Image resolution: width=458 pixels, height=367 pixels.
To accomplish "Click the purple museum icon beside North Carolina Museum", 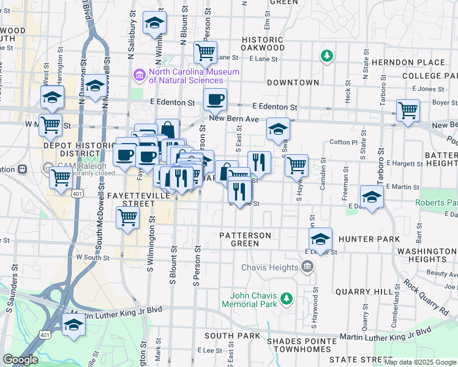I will (140, 75).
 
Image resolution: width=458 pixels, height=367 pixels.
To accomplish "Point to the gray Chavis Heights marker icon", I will (307, 266).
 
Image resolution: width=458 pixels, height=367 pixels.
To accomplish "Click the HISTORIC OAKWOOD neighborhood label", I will (263, 43).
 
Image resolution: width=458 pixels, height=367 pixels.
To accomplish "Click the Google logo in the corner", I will (20, 360).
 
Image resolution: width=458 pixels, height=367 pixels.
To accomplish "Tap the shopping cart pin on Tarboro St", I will (408, 111).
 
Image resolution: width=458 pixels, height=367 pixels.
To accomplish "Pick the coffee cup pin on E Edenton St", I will (215, 99).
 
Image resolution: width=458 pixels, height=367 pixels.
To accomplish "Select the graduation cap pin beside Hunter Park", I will (320, 239).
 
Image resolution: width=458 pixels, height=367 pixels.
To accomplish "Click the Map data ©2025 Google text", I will (420, 362).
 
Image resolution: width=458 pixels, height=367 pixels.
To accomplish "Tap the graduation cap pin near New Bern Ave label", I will (278, 129).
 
